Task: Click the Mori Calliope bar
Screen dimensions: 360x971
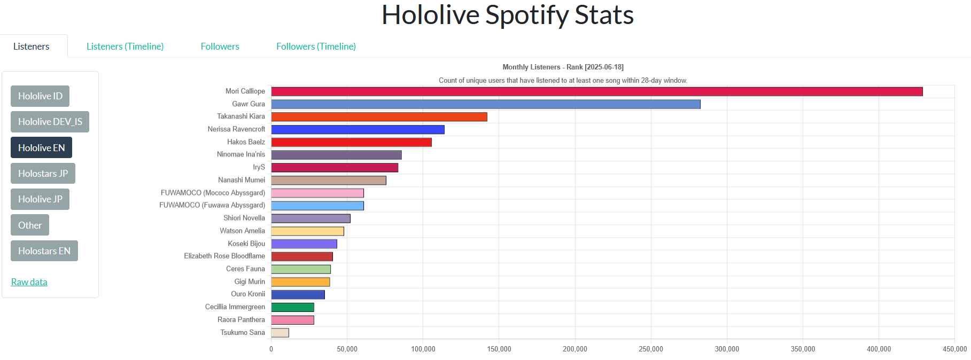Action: [x=596, y=91]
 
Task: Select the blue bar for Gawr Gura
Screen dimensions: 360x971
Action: [x=485, y=104]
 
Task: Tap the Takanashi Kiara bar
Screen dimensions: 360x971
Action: [x=379, y=117]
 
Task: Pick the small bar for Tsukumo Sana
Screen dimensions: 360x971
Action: [x=280, y=333]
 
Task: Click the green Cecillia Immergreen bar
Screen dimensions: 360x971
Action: [x=292, y=307]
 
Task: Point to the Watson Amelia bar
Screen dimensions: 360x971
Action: [x=307, y=231]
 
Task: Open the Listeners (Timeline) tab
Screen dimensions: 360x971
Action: [x=125, y=46]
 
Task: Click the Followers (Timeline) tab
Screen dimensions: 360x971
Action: [x=316, y=46]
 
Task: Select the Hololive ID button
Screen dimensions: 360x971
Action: [x=40, y=96]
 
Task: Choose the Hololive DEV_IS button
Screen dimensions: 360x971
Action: [x=50, y=122]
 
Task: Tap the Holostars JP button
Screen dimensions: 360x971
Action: [x=43, y=174]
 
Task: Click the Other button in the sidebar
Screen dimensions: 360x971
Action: [x=30, y=225]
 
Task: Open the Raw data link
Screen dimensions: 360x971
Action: [x=29, y=282]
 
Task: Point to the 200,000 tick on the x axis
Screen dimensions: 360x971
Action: [x=574, y=349]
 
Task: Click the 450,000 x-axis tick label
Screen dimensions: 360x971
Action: [x=954, y=349]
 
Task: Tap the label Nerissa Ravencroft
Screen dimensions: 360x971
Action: [x=236, y=129]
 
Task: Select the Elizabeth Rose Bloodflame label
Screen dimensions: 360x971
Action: [x=224, y=256]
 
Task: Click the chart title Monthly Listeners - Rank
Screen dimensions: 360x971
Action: [x=563, y=67]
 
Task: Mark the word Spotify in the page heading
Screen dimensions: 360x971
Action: [x=526, y=15]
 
